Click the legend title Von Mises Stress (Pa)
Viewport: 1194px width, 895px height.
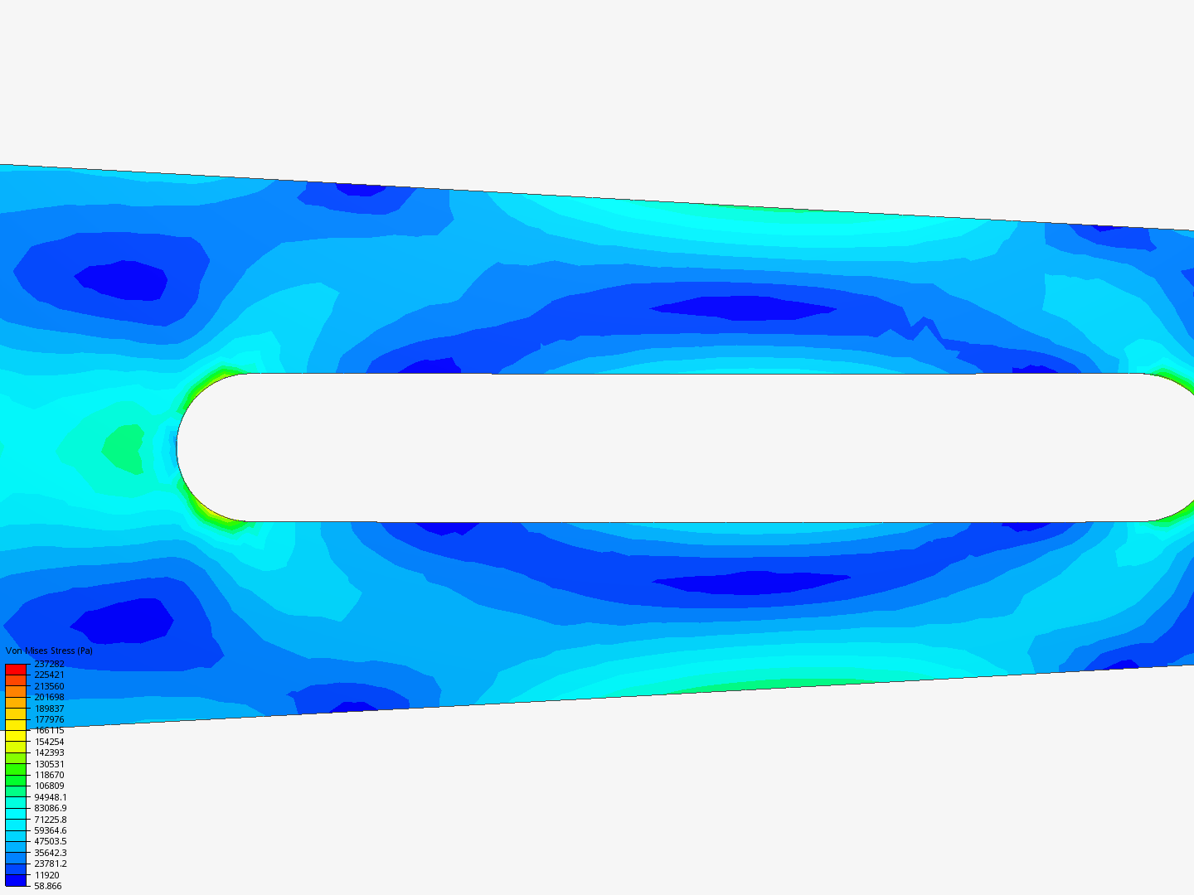(49, 651)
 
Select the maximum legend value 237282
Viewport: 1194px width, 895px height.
(49, 664)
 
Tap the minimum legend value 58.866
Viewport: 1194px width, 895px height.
(48, 887)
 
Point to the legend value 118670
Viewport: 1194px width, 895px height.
(49, 775)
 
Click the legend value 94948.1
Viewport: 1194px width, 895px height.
(50, 797)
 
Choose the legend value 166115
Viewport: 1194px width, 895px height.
(49, 730)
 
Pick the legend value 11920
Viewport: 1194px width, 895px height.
(46, 875)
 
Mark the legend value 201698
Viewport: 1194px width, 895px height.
(49, 697)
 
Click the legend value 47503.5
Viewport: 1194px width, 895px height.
(50, 842)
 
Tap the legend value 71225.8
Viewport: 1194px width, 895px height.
(50, 820)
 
